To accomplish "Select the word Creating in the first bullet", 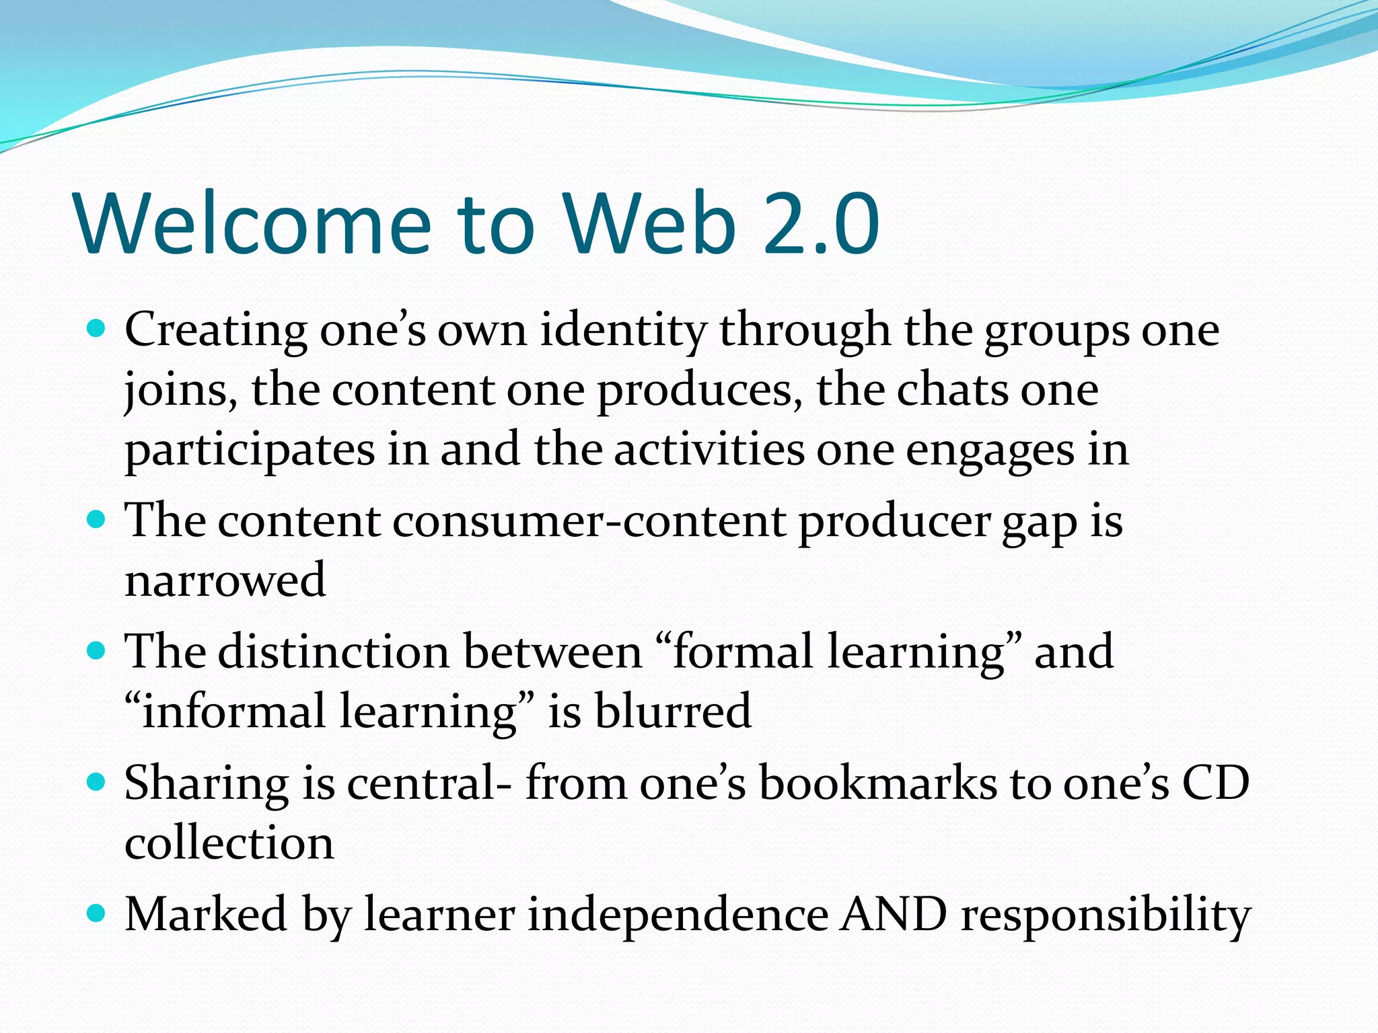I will click(215, 330).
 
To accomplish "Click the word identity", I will click(622, 330).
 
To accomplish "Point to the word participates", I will click(250, 450).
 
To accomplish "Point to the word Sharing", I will click(207, 783).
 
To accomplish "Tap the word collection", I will click(229, 843).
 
